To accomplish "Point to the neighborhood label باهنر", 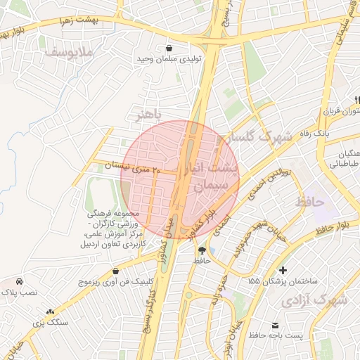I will coord(148,112).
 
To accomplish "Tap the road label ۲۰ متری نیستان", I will coord(133,167).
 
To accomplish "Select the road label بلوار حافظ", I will coord(333,228).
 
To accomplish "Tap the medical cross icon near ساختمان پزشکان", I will coord(283,270).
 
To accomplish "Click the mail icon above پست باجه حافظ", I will coord(275,325).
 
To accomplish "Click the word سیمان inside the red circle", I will coord(209,186).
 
